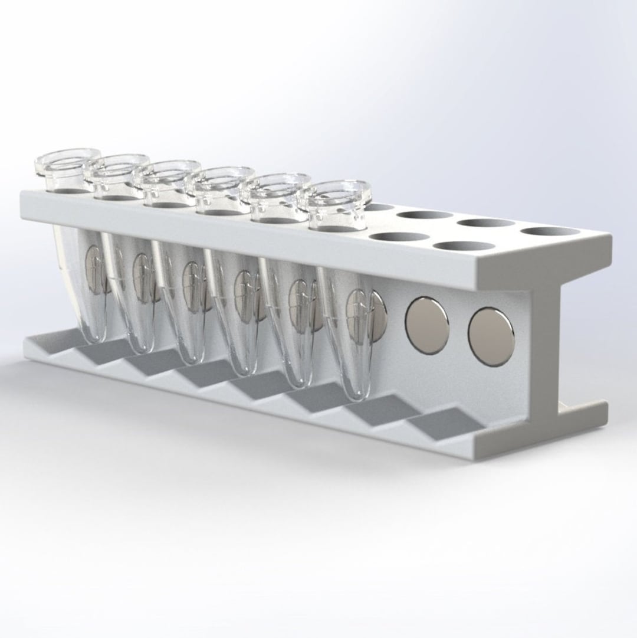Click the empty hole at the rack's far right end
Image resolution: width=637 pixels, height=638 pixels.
(550, 231)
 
